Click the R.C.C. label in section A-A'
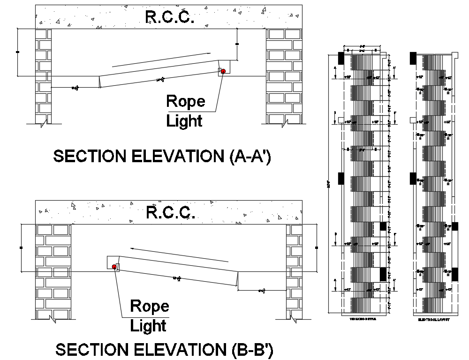[x=170, y=17]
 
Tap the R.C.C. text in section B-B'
[x=170, y=212]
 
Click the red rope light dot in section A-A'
[x=223, y=71]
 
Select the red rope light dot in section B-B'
[x=114, y=267]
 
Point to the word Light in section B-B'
[x=148, y=325]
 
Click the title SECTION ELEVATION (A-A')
[x=162, y=156]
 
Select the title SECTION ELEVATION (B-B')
[x=164, y=350]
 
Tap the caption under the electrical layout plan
[x=434, y=319]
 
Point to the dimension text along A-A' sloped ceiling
[x=160, y=80]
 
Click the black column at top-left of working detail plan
[x=341, y=58]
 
